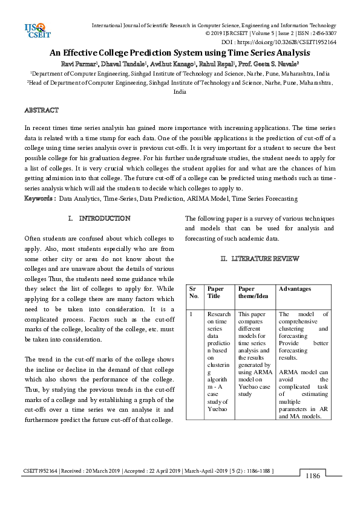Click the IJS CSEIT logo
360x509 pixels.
click(36, 30)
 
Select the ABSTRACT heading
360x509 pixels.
click(41, 110)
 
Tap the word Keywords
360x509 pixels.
click(39, 198)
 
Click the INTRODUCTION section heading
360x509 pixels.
click(105, 218)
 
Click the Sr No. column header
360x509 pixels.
click(194, 293)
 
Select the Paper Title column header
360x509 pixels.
click(215, 293)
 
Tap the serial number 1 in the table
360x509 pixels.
click(191, 314)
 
